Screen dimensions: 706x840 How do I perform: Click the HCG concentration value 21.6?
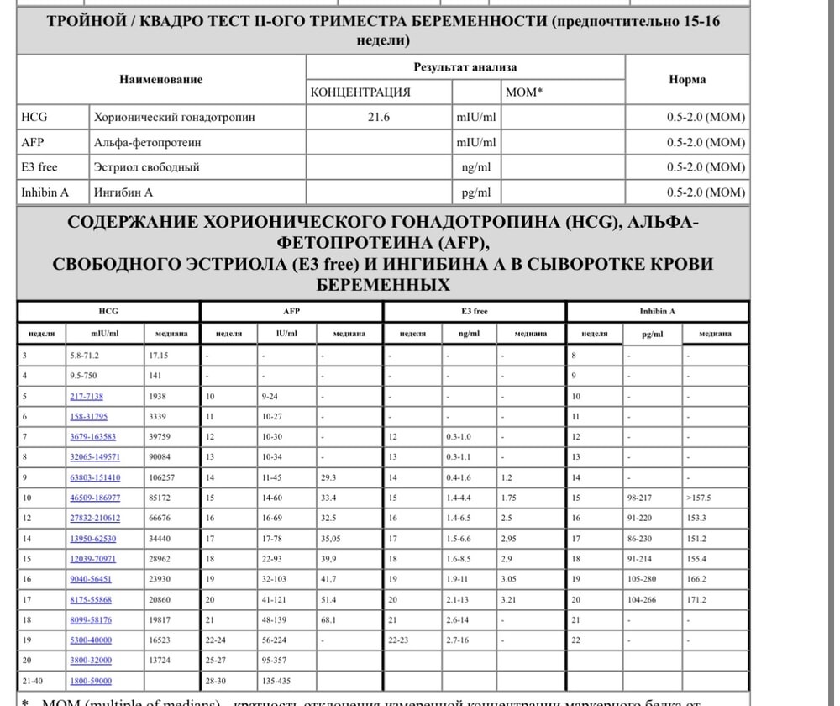point(379,118)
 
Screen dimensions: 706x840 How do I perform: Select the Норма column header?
point(687,80)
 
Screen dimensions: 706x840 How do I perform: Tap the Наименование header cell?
point(160,80)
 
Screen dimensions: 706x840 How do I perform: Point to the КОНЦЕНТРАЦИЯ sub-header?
point(360,92)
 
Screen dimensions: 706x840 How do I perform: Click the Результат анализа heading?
point(465,67)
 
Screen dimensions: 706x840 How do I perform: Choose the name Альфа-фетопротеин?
point(148,143)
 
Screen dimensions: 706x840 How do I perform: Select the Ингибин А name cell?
point(123,192)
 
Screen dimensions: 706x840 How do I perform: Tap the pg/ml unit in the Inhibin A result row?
point(476,192)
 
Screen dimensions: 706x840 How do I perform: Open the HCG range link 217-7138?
point(87,396)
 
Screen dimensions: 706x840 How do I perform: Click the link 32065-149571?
point(94,457)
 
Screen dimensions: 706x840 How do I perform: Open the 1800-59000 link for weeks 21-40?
point(91,681)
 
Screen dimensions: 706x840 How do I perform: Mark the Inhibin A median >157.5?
point(699,498)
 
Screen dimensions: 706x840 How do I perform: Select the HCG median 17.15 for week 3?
point(160,356)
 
